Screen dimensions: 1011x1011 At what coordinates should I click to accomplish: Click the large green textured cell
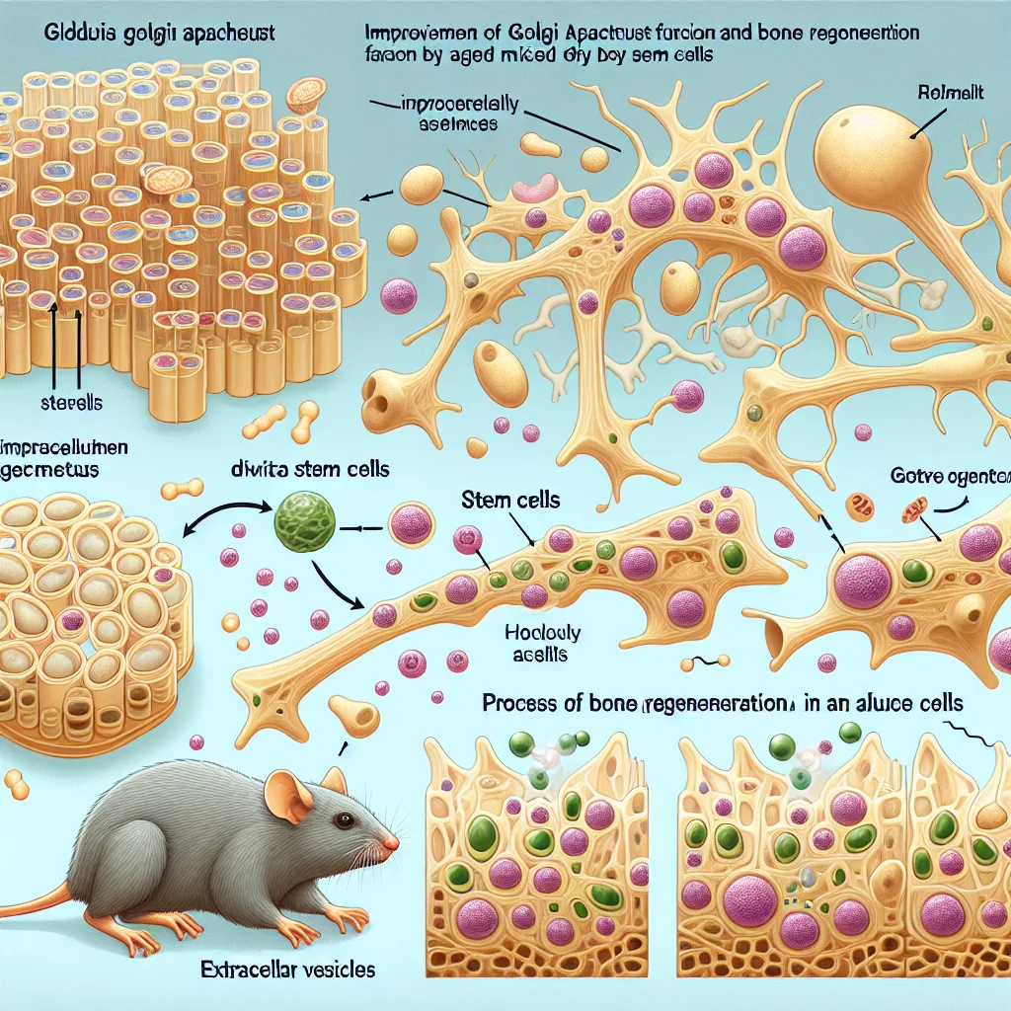302,522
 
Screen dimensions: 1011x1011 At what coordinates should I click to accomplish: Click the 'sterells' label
73,404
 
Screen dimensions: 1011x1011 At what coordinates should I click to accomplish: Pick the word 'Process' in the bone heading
516,706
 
